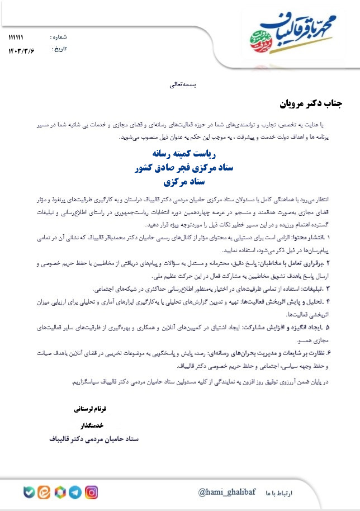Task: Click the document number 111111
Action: (x=16, y=37)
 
